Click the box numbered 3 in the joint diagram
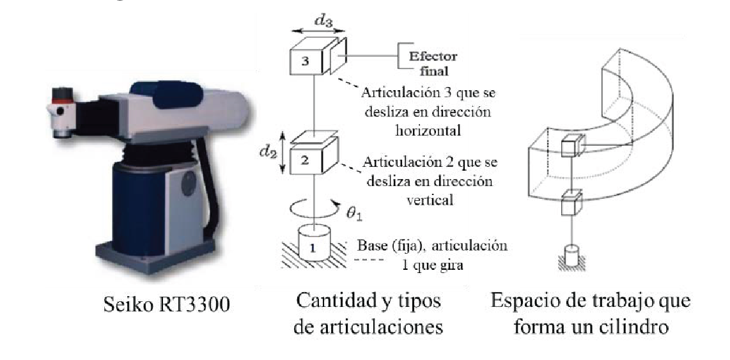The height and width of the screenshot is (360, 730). click(306, 62)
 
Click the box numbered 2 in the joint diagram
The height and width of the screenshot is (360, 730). click(306, 160)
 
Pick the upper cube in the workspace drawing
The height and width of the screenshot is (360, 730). click(568, 148)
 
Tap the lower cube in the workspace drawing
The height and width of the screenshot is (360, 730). click(568, 206)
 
